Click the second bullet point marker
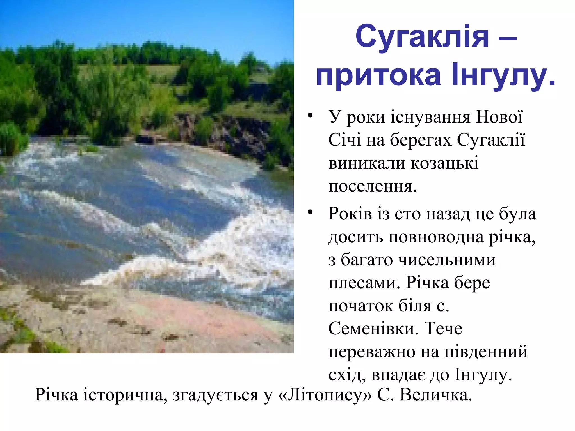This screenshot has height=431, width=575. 310,212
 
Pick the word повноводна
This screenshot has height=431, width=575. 436,237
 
